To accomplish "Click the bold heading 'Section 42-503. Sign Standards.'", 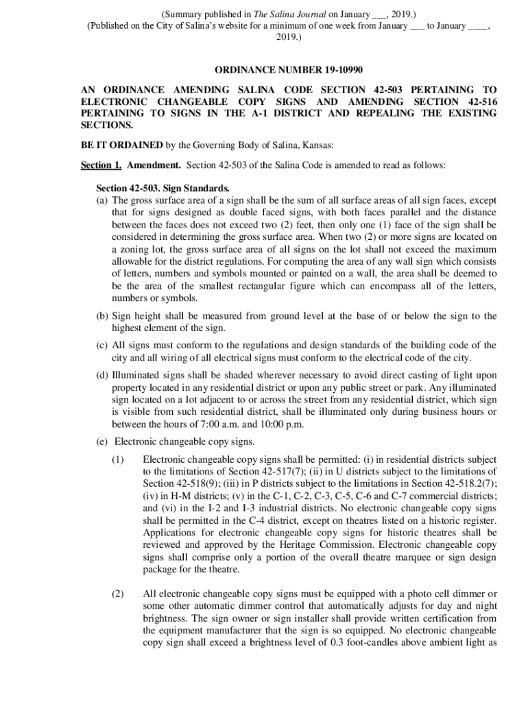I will [x=163, y=189].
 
